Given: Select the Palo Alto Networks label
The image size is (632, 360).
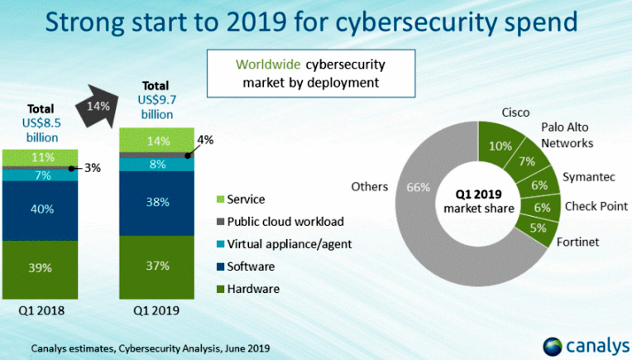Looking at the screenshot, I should [x=567, y=135].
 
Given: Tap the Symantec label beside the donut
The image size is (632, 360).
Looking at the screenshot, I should [x=588, y=177].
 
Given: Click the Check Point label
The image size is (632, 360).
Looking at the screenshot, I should [x=595, y=206].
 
